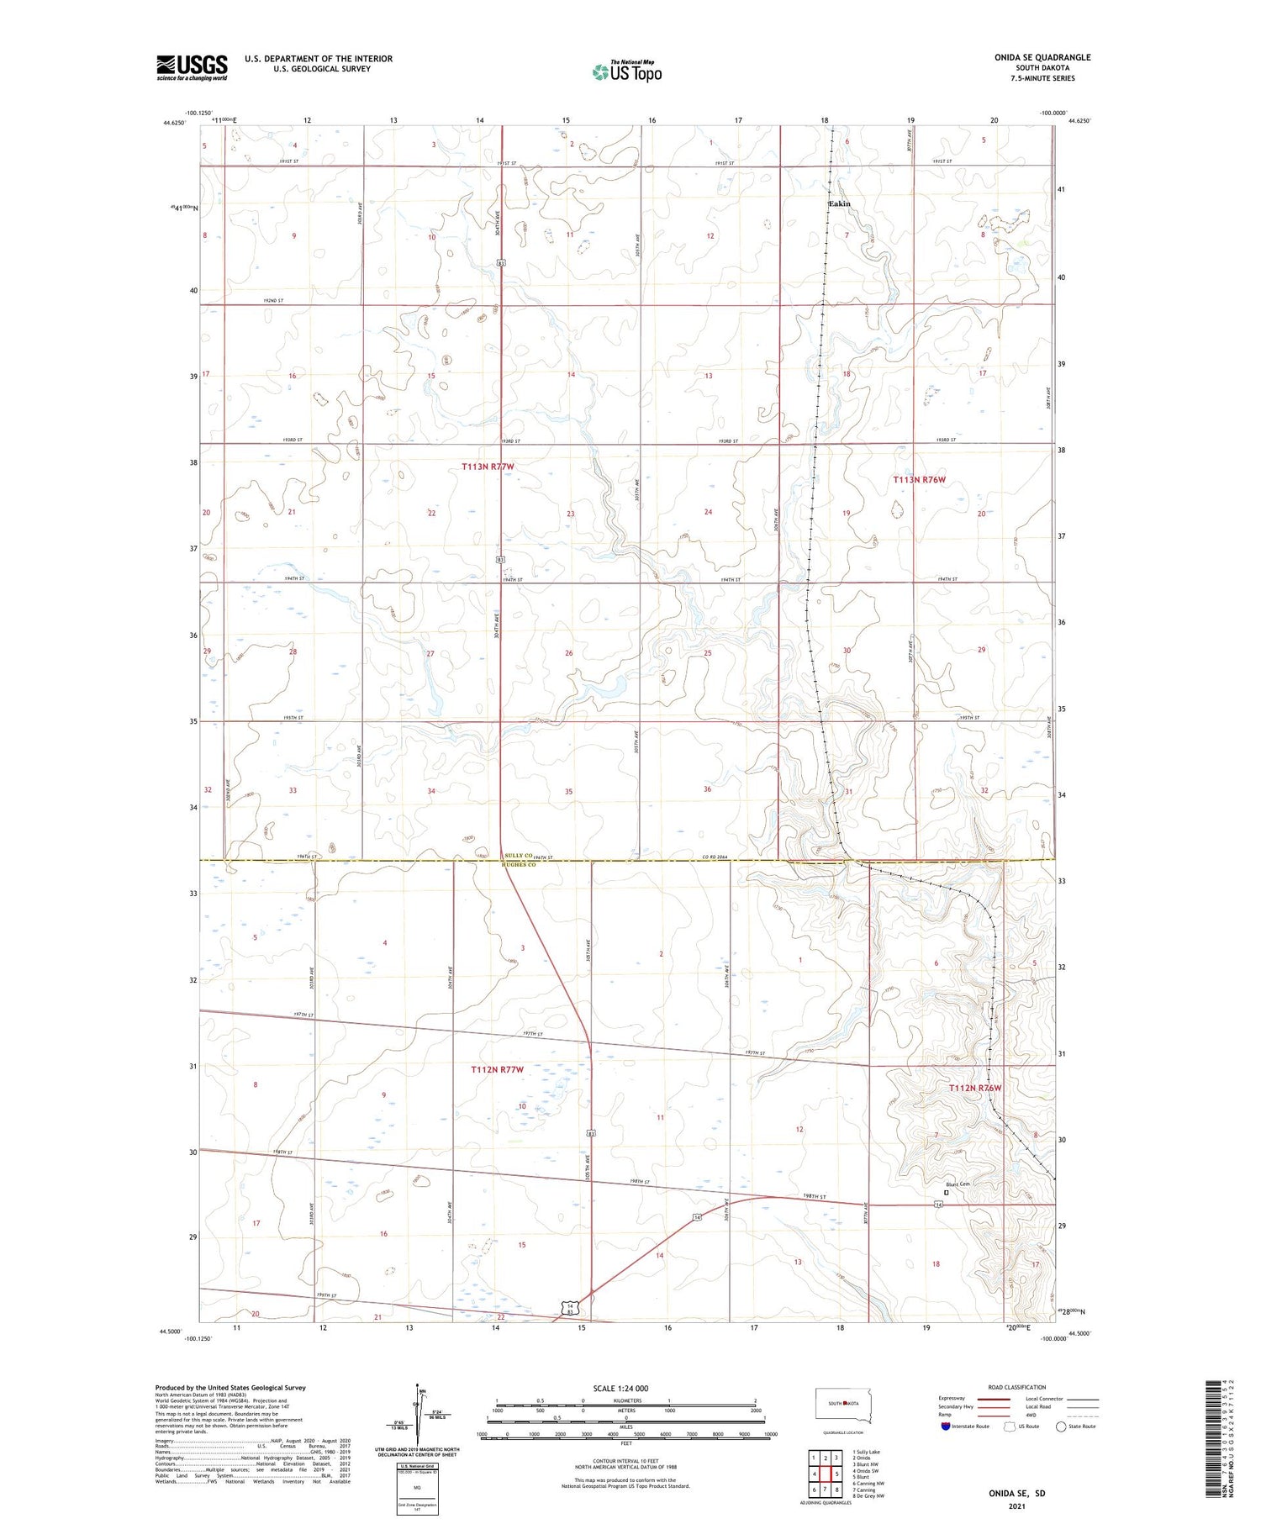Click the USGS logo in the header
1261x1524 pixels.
(x=192, y=67)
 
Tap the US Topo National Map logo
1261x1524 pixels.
(x=627, y=71)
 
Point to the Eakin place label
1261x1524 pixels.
(x=839, y=204)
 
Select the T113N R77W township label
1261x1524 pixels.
(x=487, y=466)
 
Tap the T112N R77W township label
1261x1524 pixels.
(x=497, y=1069)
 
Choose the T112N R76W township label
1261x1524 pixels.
(x=975, y=1088)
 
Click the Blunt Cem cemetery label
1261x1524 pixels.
(x=958, y=1184)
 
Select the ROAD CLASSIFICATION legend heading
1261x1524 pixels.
(x=1017, y=1387)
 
